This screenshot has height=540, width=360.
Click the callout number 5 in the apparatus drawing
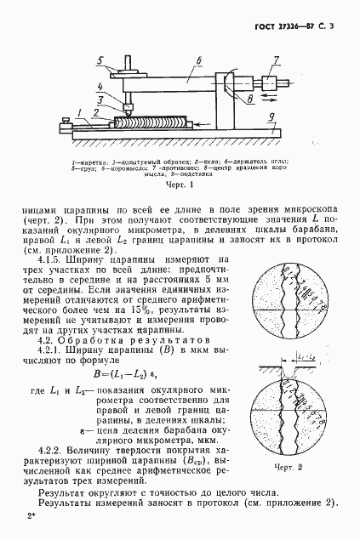click(100, 60)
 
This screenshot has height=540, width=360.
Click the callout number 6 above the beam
click(197, 60)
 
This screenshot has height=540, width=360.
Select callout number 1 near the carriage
click(78, 111)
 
